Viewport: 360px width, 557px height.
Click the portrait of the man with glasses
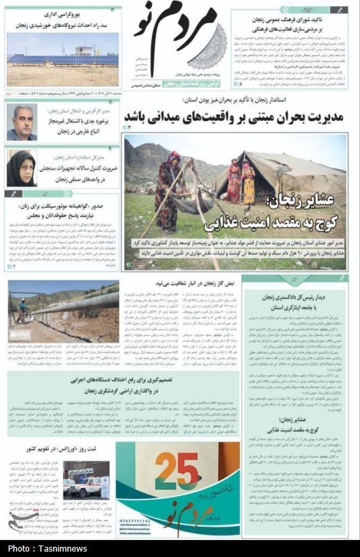pyautogui.click(x=22, y=122)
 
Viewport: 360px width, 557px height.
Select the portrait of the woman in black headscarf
pyautogui.click(x=21, y=168)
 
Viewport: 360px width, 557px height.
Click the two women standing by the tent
pyautogui.click(x=240, y=181)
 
